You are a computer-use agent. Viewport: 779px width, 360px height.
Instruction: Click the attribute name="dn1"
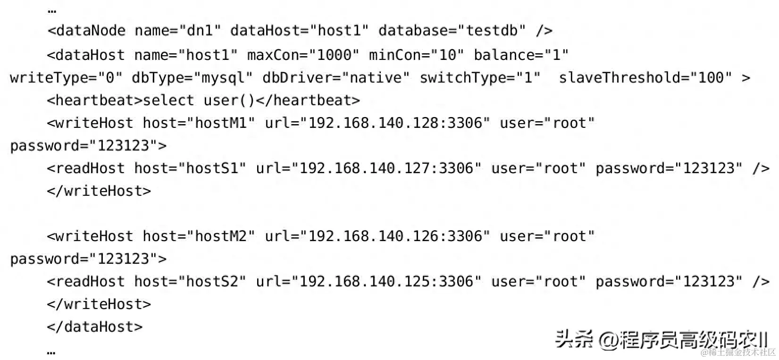(177, 31)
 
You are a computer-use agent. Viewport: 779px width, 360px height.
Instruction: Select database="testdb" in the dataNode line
(452, 31)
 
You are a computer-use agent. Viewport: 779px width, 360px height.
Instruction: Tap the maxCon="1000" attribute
(303, 55)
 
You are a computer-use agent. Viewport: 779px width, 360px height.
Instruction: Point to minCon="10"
(416, 55)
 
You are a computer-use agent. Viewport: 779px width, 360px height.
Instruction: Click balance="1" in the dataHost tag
(521, 55)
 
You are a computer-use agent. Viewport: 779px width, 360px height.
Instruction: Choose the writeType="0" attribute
(66, 78)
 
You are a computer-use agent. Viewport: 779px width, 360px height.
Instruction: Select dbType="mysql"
(192, 78)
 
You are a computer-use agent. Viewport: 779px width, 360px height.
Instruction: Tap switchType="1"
(480, 78)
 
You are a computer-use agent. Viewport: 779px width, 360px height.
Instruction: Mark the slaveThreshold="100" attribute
(645, 78)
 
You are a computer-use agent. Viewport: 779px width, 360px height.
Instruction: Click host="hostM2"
(199, 236)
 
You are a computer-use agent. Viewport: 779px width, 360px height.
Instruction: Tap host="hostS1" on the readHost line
(190, 168)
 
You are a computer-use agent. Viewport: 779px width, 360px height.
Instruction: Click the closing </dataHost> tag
(94, 327)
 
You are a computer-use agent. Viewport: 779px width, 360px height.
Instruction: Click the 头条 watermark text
(574, 340)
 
